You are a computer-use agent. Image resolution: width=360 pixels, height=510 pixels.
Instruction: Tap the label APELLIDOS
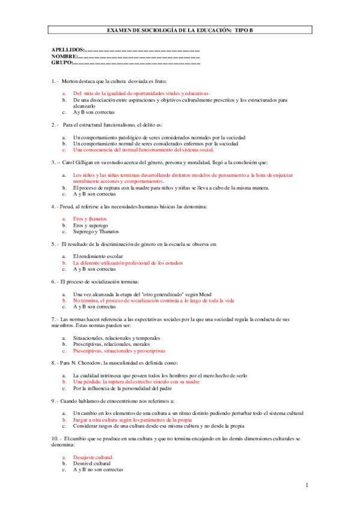tap(68, 51)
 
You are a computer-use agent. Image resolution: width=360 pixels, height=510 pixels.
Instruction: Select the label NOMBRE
tap(64, 57)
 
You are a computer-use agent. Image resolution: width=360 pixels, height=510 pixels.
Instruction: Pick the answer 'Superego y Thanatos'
tap(96, 232)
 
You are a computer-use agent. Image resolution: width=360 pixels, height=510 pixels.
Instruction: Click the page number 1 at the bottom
tap(307, 485)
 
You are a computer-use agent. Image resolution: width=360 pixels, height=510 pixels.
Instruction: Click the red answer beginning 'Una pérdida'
tap(136, 381)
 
